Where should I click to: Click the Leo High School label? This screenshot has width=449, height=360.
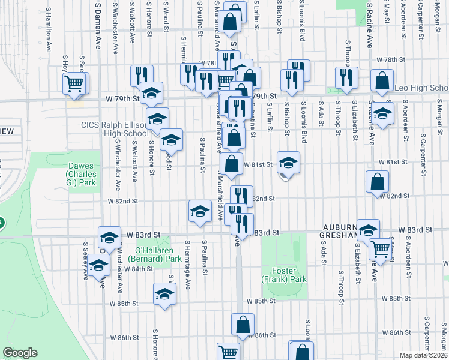pyautogui.click(x=421, y=88)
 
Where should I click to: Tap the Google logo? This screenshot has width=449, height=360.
pyautogui.click(x=20, y=353)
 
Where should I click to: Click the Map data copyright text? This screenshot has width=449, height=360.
pyautogui.click(x=423, y=355)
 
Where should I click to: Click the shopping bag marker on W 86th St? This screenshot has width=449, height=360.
pyautogui.click(x=243, y=325)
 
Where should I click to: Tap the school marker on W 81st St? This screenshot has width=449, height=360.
pyautogui.click(x=288, y=162)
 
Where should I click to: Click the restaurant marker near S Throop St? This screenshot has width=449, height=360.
pyautogui.click(x=346, y=77)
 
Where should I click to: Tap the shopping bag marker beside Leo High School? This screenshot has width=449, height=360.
pyautogui.click(x=382, y=80)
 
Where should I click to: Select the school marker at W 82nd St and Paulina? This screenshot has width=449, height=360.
pyautogui.click(x=200, y=211)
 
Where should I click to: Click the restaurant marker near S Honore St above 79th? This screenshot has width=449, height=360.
pyautogui.click(x=142, y=76)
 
